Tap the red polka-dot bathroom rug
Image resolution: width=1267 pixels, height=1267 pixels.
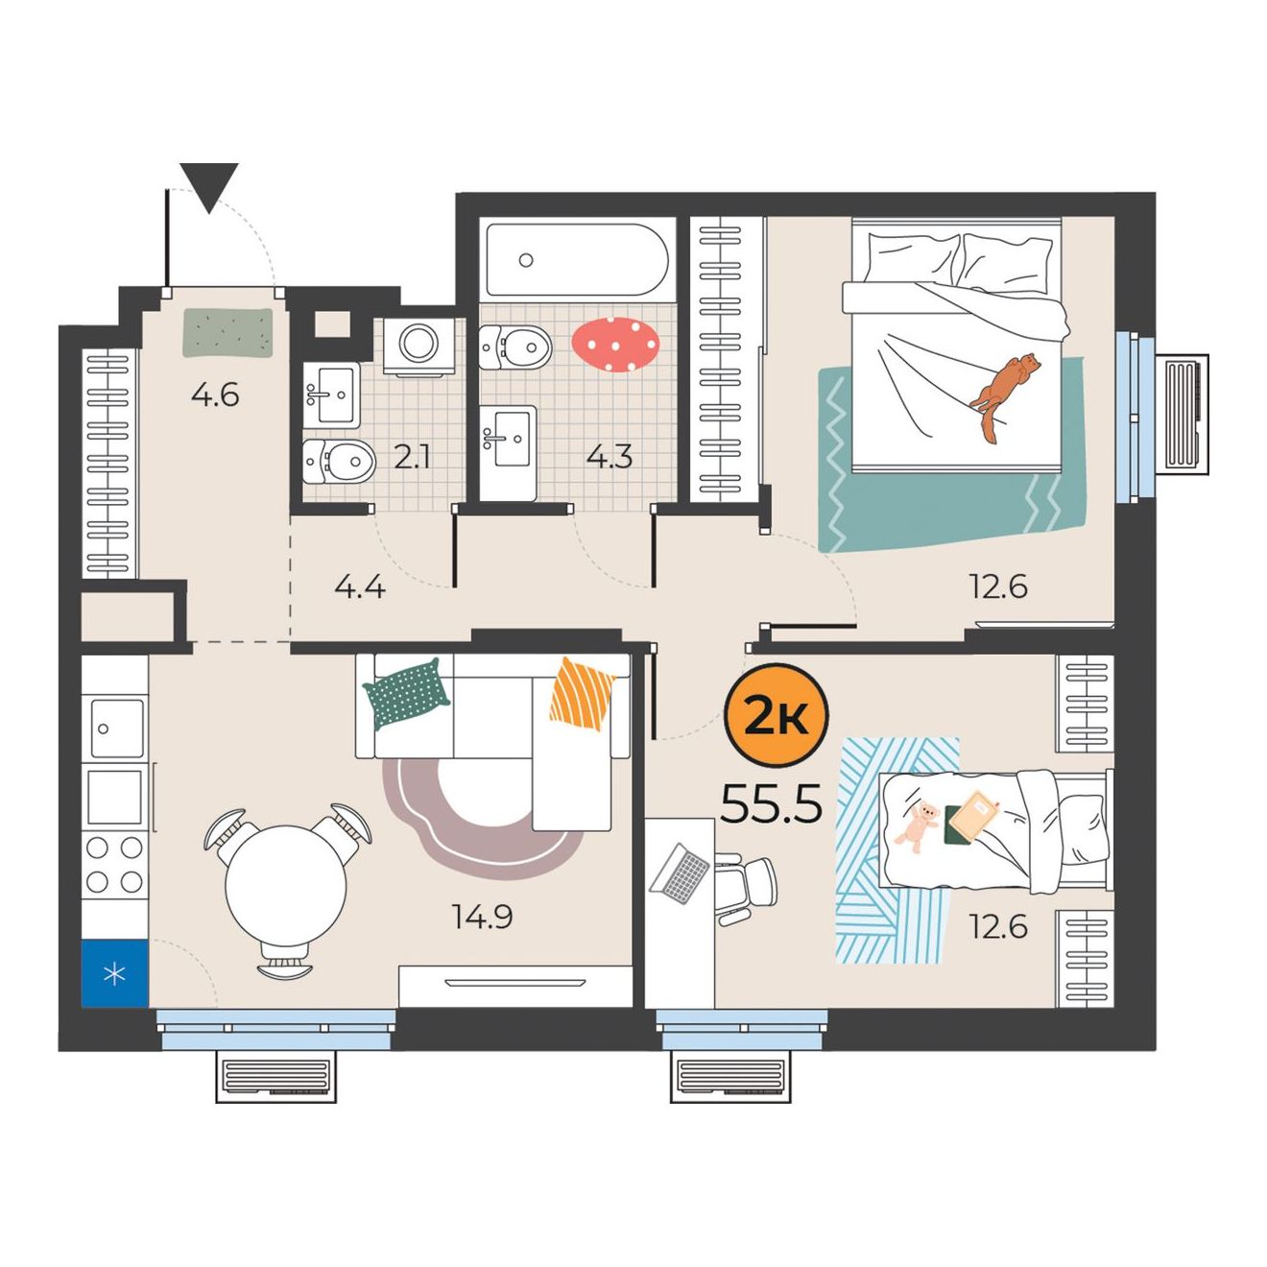click(614, 344)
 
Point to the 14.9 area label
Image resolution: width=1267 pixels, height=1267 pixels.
click(482, 916)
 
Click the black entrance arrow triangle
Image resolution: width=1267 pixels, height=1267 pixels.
click(210, 188)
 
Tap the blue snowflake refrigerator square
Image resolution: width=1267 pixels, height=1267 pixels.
click(115, 973)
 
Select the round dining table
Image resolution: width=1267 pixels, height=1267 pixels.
click(285, 885)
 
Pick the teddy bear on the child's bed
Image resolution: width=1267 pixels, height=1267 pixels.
click(917, 826)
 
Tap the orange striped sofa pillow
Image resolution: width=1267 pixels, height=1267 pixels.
click(582, 694)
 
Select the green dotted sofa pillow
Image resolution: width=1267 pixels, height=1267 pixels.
click(406, 694)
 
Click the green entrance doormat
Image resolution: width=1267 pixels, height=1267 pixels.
click(227, 333)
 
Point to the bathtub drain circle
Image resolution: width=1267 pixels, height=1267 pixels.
click(525, 260)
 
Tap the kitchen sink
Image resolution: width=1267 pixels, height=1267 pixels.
click(117, 728)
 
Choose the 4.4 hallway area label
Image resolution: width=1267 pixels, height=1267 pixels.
click(360, 586)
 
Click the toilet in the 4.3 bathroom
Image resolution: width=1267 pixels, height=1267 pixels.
click(514, 347)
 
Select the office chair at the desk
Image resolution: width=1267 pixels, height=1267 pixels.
click(746, 887)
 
